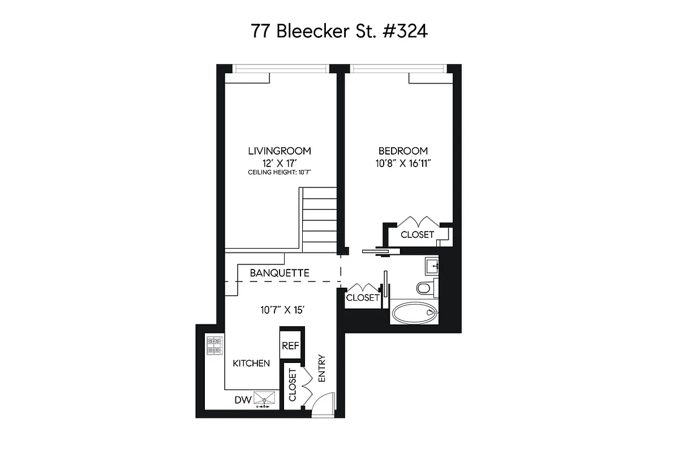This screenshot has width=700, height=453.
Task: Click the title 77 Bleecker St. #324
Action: (x=339, y=31)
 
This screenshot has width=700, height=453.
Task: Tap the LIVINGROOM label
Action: (x=279, y=151)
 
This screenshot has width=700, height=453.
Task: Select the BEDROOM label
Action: (x=403, y=151)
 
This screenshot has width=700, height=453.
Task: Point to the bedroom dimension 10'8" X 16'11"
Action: (x=403, y=163)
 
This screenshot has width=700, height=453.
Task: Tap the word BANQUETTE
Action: (x=280, y=273)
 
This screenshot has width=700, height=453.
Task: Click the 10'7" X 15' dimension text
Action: (x=283, y=310)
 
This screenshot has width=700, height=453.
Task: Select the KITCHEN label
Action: (x=251, y=363)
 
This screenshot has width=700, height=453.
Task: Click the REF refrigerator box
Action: (x=291, y=346)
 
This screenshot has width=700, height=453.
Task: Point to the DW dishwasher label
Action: (x=243, y=400)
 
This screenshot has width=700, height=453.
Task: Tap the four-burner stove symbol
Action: (x=214, y=346)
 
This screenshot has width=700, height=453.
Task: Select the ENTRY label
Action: (x=322, y=368)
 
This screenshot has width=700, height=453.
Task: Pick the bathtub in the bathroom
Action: (x=414, y=313)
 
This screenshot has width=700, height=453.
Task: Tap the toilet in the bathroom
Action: (x=426, y=288)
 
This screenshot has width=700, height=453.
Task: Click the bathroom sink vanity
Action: (x=434, y=266)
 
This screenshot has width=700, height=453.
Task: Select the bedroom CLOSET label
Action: (x=417, y=234)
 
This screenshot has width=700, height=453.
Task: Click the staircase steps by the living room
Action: (x=319, y=220)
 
